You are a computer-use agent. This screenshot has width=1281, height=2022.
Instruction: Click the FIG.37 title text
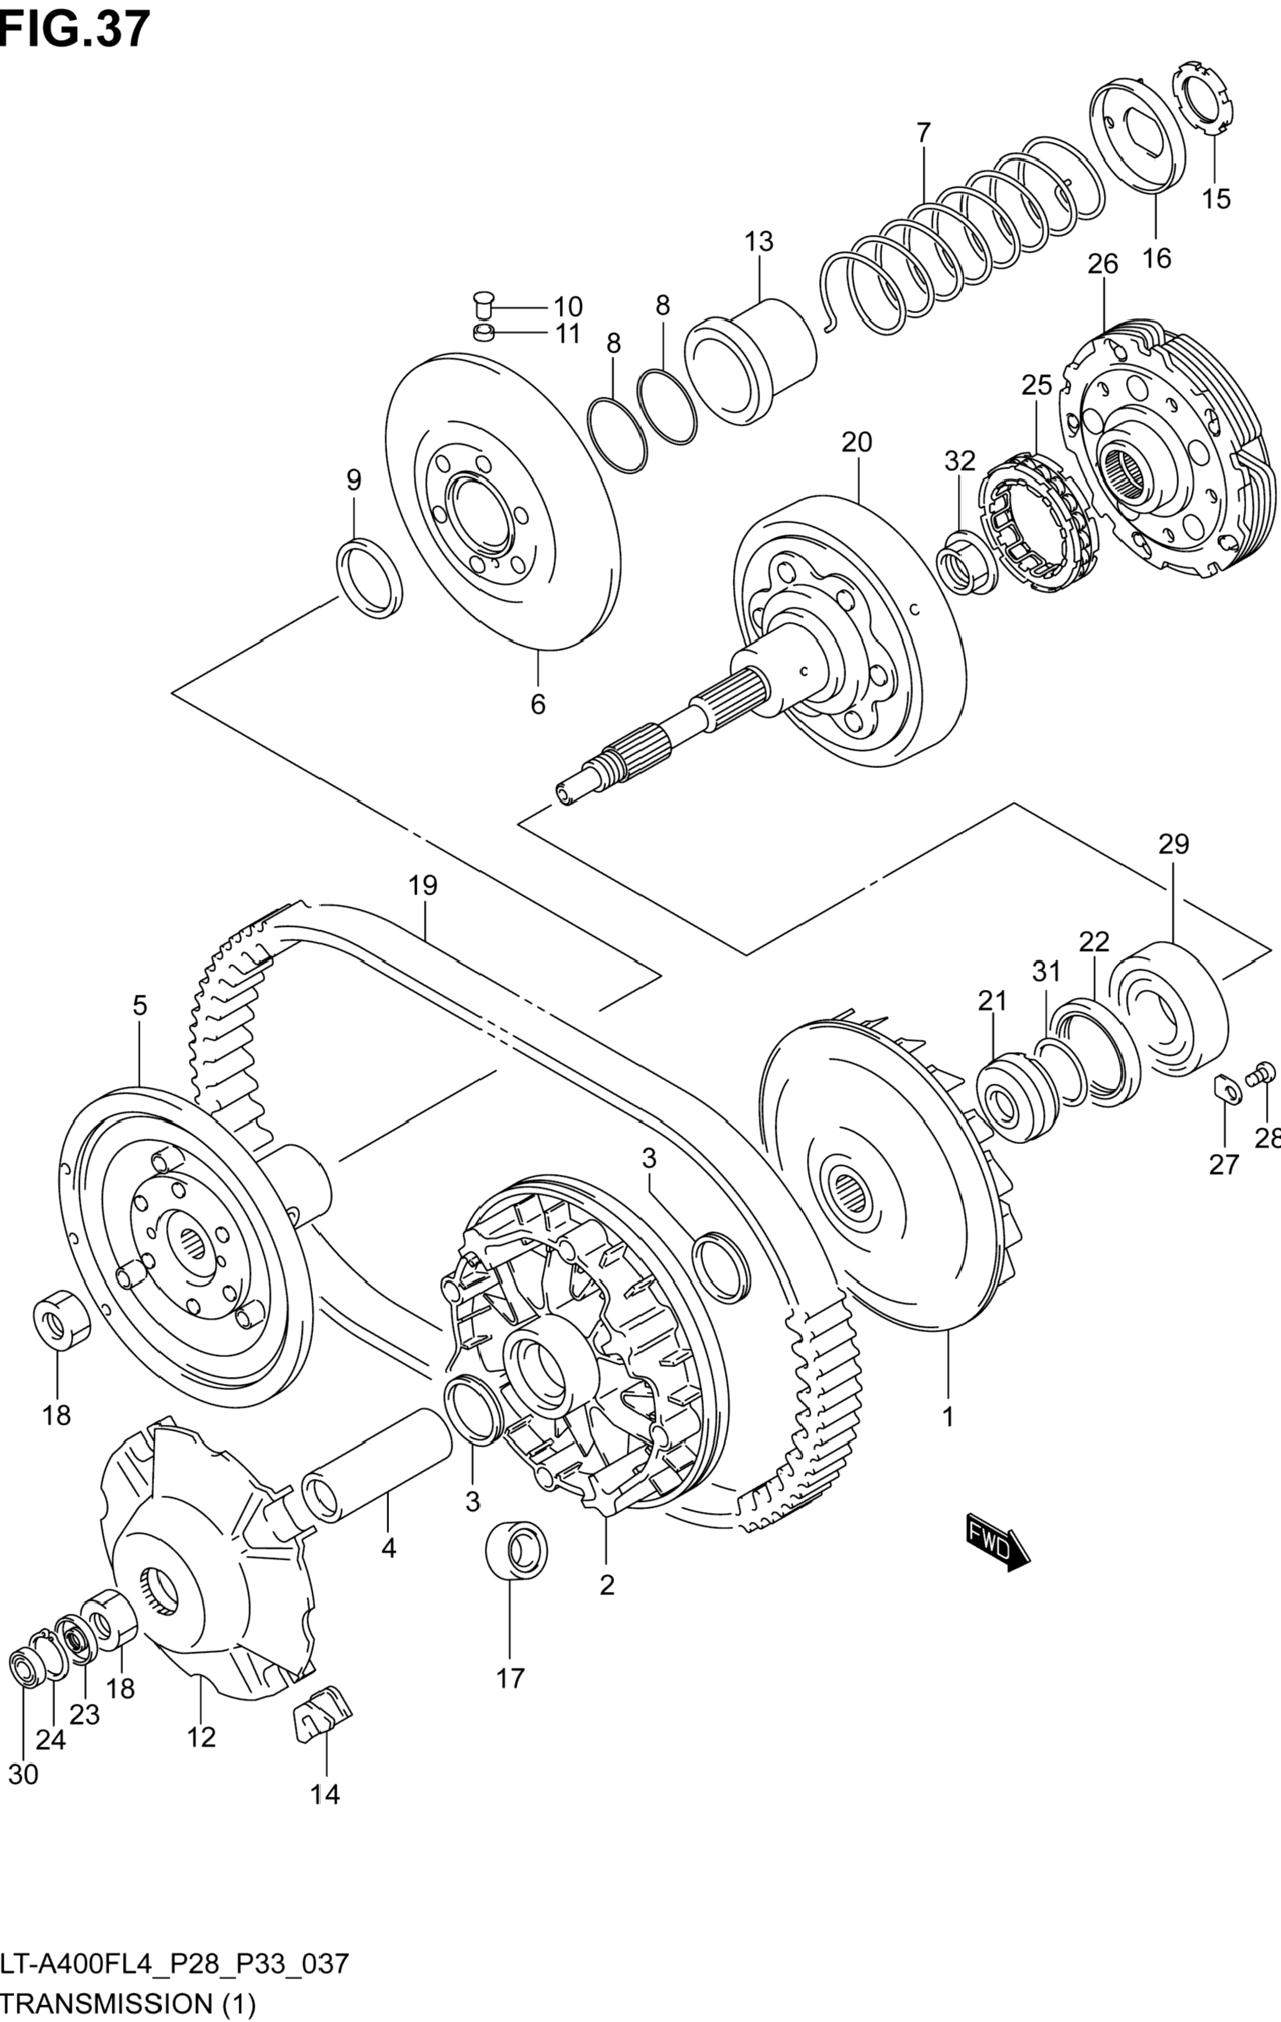click(x=76, y=29)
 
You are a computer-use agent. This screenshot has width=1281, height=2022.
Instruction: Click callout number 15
click(x=1216, y=199)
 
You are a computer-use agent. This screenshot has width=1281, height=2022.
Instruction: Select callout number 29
click(x=1174, y=844)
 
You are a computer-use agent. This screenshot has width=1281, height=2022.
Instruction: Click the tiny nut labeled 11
click(x=483, y=333)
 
